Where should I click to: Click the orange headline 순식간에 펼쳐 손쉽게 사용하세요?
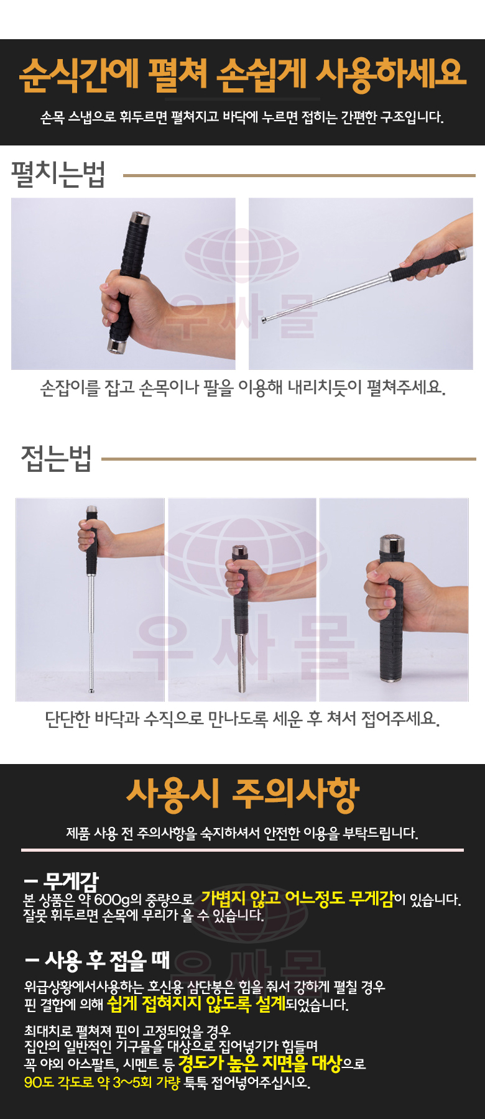point(242,74)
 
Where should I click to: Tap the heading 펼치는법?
point(58,174)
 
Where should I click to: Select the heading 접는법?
point(56,459)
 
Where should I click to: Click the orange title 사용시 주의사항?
point(242,794)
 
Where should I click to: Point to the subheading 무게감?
point(61,880)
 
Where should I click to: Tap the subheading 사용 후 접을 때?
point(97,960)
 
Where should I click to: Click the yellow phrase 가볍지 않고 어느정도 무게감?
point(297,898)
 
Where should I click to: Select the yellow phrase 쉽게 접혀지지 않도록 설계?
point(196,1003)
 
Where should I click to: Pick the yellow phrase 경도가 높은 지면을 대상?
point(260,1063)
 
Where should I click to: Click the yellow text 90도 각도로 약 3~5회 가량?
point(102,1082)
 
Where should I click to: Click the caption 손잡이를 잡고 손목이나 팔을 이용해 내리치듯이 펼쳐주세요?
point(242,388)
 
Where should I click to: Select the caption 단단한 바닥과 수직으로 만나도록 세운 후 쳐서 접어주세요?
point(242,719)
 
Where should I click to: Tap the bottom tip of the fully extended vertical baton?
point(92,690)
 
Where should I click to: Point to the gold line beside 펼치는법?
point(299,175)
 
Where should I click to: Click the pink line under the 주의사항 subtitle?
point(242,849)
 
